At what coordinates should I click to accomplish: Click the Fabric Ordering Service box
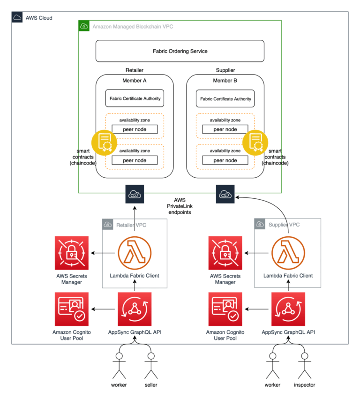[x=180, y=51]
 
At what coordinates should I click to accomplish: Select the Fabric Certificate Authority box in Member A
[x=135, y=98]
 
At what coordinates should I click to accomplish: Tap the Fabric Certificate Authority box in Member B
[x=225, y=99]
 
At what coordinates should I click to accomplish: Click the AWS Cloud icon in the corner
[x=17, y=18]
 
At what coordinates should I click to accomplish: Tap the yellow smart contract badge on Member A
[x=105, y=143]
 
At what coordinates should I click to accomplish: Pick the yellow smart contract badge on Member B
[x=255, y=143]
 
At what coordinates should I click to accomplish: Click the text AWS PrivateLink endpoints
[x=180, y=205]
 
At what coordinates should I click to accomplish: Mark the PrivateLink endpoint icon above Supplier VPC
[x=225, y=194]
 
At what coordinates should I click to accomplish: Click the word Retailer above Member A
[x=135, y=70]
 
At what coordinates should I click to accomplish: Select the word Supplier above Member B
[x=225, y=70]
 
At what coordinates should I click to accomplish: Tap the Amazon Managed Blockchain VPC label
[x=133, y=26]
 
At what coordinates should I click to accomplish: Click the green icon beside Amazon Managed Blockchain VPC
[x=84, y=26]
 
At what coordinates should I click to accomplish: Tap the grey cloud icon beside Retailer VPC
[x=108, y=225]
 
